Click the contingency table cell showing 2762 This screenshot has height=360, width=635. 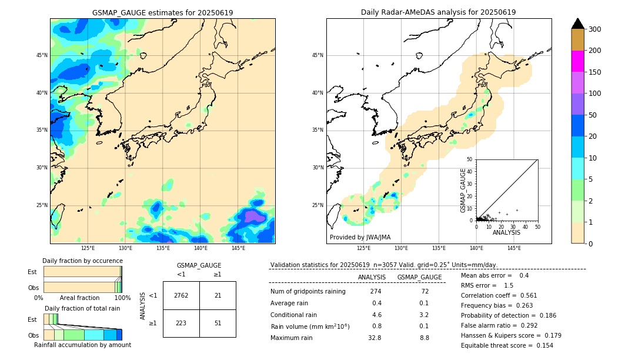(181, 295)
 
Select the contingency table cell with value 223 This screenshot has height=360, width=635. (181, 323)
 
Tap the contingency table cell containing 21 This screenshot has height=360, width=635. (218, 295)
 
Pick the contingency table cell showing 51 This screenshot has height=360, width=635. (218, 323)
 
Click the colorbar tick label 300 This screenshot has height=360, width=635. (596, 29)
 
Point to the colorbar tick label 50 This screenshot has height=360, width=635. (594, 115)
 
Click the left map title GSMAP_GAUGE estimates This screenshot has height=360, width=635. (162, 12)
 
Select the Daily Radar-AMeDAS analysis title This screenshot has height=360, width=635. (438, 12)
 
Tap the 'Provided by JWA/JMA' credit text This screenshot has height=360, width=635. (360, 238)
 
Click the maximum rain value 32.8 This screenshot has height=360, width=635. (375, 338)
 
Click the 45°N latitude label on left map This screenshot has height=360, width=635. (42, 55)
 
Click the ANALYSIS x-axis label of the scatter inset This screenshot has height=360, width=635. (506, 232)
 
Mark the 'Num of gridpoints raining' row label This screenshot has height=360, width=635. (308, 292)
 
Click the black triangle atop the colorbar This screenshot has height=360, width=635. (578, 24)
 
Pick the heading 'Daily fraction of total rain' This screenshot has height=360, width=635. (82, 308)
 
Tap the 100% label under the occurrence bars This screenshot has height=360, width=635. (122, 298)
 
